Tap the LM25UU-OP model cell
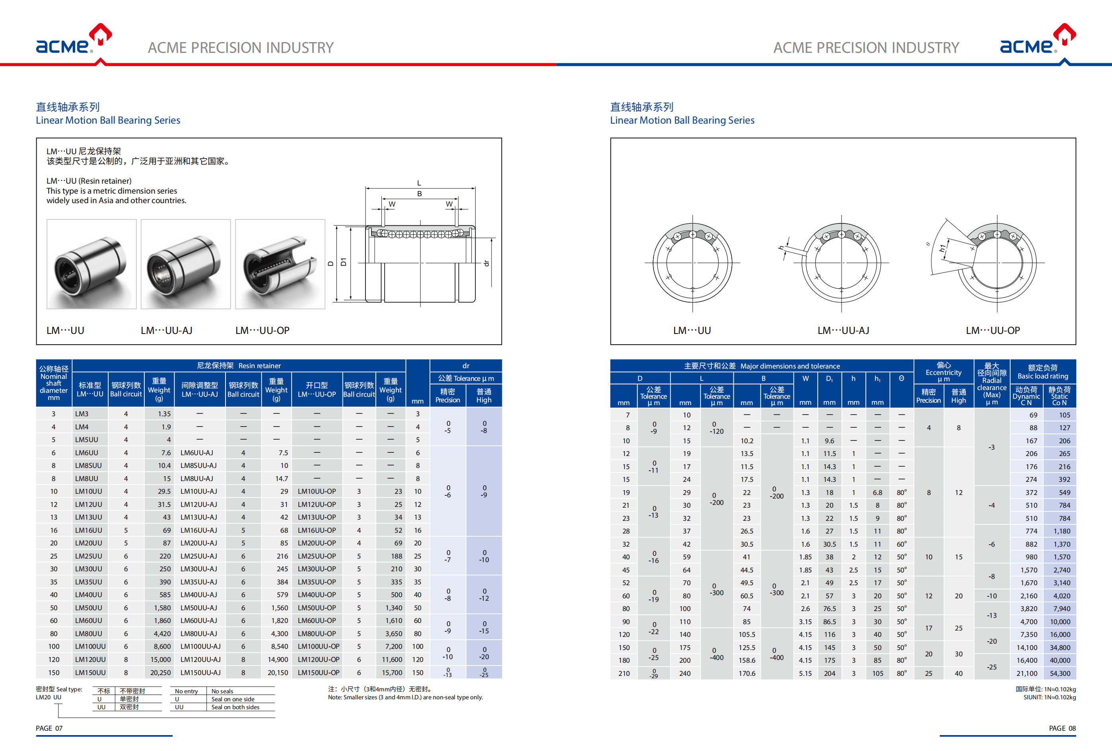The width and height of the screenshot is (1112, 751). pyautogui.click(x=317, y=556)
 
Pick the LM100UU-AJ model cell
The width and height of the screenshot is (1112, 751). pyautogui.click(x=200, y=646)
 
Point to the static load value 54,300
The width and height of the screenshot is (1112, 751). pyautogui.click(x=1060, y=673)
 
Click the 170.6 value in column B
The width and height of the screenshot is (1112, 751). pyautogui.click(x=747, y=673)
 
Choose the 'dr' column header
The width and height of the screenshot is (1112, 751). pyautogui.click(x=466, y=365)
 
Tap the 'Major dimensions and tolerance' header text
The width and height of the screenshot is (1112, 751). pyautogui.click(x=789, y=366)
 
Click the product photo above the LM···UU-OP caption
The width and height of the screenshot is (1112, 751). pyautogui.click(x=280, y=264)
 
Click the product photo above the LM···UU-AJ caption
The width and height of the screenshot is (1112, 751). pyautogui.click(x=186, y=264)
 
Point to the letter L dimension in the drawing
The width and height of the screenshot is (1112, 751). pyautogui.click(x=419, y=183)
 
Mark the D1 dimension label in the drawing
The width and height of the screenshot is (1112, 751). pyautogui.click(x=343, y=262)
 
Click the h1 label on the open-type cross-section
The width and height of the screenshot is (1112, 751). pyautogui.click(x=942, y=248)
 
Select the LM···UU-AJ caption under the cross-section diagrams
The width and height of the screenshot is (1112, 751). pyautogui.click(x=843, y=330)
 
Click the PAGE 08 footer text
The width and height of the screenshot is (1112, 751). pyautogui.click(x=1062, y=728)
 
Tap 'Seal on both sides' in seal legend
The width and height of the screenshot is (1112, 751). pyautogui.click(x=235, y=707)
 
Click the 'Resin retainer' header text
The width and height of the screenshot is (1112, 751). pyautogui.click(x=259, y=365)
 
